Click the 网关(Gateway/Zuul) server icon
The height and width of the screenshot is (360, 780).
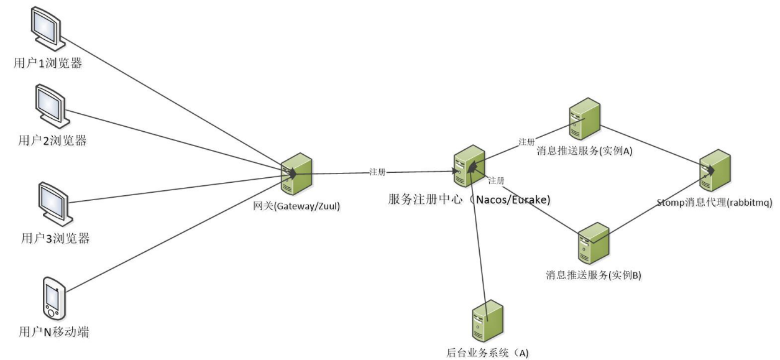296,175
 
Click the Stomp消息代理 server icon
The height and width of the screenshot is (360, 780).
715,170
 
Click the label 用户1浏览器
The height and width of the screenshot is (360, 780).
49,63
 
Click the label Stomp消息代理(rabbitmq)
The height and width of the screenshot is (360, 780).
714,202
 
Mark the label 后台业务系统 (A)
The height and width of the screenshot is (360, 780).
487,353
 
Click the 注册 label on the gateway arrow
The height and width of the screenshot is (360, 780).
377,172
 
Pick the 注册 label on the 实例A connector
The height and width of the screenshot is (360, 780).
526,142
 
